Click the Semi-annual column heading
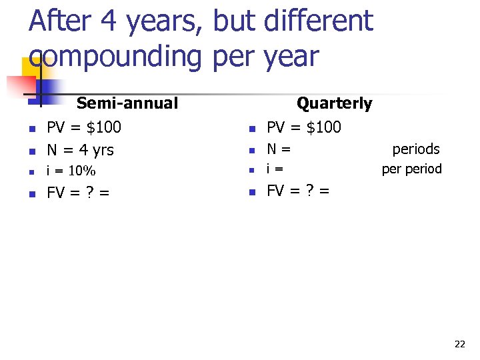(127, 103)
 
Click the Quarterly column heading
(334, 103)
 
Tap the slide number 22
(459, 344)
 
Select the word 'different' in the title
(318, 21)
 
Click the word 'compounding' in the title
(115, 57)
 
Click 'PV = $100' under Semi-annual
(84, 127)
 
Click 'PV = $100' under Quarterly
(304, 127)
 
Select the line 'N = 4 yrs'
(80, 149)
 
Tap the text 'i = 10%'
(72, 172)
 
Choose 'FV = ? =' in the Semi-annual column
(78, 194)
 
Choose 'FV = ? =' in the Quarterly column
(298, 191)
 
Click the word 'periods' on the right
(416, 149)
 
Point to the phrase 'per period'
(411, 169)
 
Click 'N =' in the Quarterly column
(279, 149)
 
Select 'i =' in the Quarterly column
(275, 169)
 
